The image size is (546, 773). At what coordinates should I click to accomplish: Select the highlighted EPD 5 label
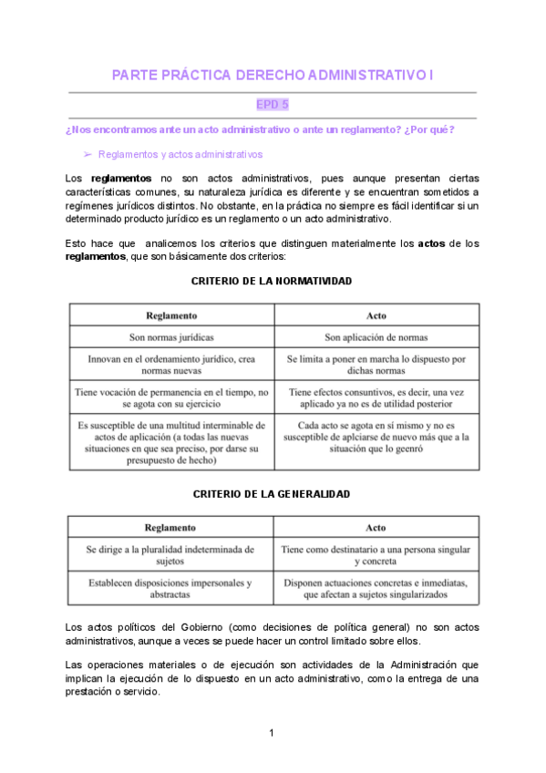click(x=273, y=105)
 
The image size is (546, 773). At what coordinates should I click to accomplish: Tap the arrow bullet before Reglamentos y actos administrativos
click(x=88, y=155)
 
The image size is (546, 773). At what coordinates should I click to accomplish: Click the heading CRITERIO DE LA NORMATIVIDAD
click(x=272, y=281)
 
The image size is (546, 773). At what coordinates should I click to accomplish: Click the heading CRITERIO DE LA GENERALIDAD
click(x=272, y=493)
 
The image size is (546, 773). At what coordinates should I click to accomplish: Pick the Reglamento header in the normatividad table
click(x=171, y=315)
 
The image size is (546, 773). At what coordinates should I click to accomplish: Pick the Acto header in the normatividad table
click(x=376, y=315)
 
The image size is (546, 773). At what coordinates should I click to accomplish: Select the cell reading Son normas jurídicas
click(x=171, y=337)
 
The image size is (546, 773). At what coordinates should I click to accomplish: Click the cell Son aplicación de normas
click(x=376, y=337)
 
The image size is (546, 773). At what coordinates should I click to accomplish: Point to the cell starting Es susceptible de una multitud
click(x=171, y=443)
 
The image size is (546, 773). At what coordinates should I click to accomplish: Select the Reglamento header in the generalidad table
click(x=170, y=527)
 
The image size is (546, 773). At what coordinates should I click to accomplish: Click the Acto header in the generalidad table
click(x=376, y=527)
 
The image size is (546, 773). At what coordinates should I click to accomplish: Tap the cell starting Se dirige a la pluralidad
click(x=170, y=556)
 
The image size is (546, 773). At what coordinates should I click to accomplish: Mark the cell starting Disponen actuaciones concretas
click(x=376, y=588)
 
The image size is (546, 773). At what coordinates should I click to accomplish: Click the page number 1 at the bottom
click(x=272, y=733)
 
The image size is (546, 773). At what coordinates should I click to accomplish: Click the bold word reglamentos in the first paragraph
click(x=122, y=178)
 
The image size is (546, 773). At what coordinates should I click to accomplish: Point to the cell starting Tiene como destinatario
click(x=376, y=556)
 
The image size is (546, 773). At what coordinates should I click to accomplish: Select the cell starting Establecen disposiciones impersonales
click(x=170, y=588)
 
